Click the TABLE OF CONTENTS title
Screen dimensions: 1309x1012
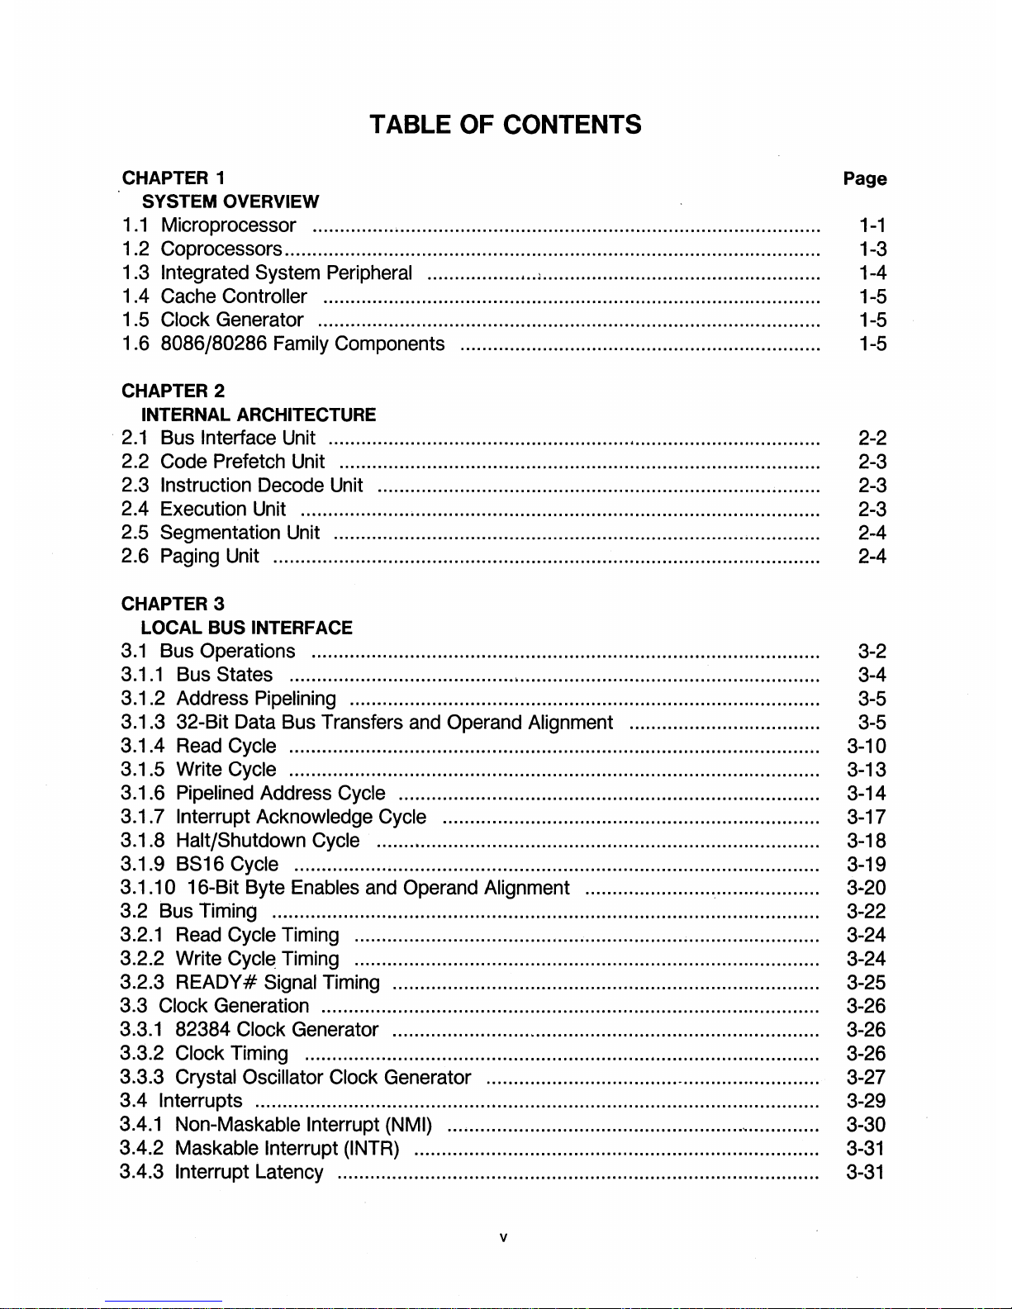tap(505, 125)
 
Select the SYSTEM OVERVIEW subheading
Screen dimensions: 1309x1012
tap(230, 202)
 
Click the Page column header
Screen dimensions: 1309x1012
tap(864, 178)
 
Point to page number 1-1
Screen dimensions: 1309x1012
tap(872, 225)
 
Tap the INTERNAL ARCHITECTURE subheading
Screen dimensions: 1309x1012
tap(259, 415)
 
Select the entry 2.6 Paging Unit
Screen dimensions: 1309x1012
tap(210, 557)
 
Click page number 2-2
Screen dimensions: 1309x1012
tap(872, 439)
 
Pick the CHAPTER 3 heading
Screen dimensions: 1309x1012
tap(173, 605)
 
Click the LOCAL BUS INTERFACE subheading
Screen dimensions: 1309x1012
tap(247, 628)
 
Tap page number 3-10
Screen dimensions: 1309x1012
tap(867, 747)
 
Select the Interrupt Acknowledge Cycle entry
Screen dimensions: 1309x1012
tap(302, 818)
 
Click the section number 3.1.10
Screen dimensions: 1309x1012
tap(148, 889)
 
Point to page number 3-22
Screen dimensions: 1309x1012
tap(867, 912)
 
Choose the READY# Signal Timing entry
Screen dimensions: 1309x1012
tap(278, 983)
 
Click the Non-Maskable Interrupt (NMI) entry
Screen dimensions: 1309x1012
tap(304, 1125)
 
